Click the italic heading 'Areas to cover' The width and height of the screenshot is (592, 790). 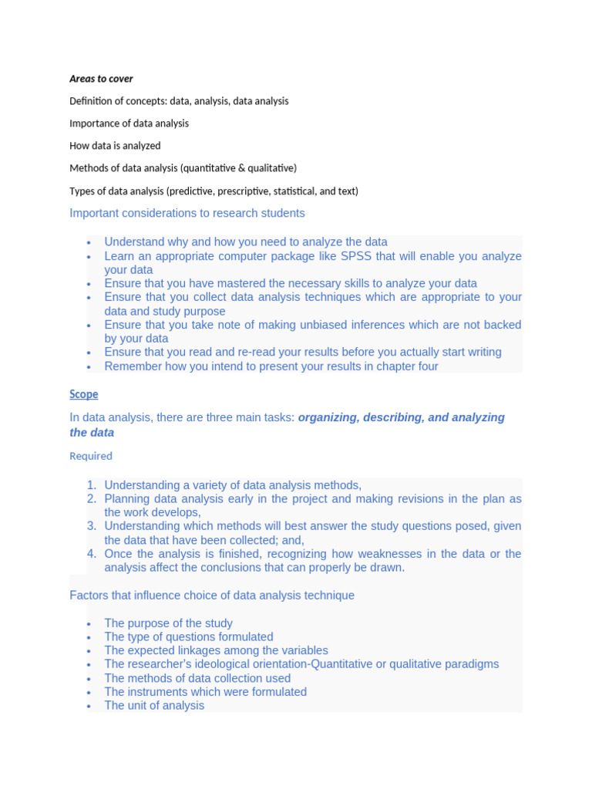click(101, 79)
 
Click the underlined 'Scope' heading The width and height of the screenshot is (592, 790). click(84, 394)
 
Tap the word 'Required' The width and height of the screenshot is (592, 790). click(91, 456)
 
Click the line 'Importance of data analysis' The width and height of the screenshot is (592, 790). click(129, 123)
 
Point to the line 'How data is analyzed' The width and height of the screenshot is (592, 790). click(115, 146)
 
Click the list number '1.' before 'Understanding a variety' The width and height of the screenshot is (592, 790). click(91, 485)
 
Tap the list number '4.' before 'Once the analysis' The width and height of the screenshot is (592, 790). click(91, 554)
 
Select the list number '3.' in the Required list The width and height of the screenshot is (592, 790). click(91, 526)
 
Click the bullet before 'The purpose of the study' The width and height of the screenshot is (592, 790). click(89, 624)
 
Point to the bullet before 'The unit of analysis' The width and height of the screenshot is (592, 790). click(89, 707)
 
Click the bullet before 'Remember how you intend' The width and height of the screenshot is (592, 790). click(89, 367)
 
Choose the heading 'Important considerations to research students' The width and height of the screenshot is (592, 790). click(187, 213)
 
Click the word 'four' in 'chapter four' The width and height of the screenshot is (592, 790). click(425, 366)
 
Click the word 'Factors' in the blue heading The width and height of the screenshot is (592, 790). click(89, 596)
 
